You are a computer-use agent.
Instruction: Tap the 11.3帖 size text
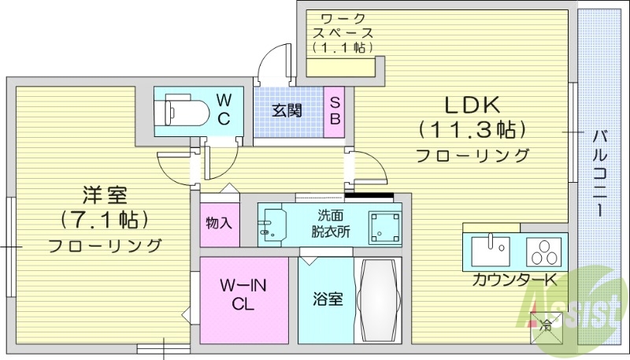click(472, 128)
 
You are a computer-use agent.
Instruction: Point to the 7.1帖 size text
click(105, 218)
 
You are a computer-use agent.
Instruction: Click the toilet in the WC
click(176, 109)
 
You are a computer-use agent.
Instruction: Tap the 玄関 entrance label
click(287, 110)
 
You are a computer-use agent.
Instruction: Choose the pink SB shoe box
click(335, 110)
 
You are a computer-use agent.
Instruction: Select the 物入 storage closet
click(218, 222)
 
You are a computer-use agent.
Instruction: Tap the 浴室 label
click(327, 299)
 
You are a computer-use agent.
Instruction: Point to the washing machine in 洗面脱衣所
click(385, 225)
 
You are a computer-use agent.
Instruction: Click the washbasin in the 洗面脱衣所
click(273, 224)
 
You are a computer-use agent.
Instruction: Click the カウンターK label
click(515, 280)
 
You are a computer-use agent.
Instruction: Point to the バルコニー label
click(600, 174)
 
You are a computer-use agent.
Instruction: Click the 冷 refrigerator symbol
click(546, 323)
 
